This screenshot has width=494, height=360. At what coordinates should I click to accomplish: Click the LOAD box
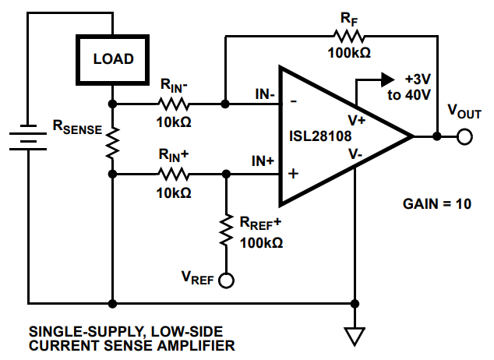click(x=113, y=59)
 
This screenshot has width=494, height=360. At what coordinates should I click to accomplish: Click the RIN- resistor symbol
click(x=174, y=103)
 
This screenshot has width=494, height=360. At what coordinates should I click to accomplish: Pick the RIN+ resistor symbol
click(x=174, y=173)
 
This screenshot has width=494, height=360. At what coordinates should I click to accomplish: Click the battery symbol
click(x=29, y=138)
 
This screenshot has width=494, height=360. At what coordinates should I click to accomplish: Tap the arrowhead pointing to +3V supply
click(x=386, y=79)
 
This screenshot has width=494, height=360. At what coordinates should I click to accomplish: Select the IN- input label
click(x=263, y=95)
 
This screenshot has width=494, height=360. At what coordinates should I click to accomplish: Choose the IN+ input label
click(x=263, y=162)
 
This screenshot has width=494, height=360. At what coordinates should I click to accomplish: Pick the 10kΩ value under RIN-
click(x=174, y=122)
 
